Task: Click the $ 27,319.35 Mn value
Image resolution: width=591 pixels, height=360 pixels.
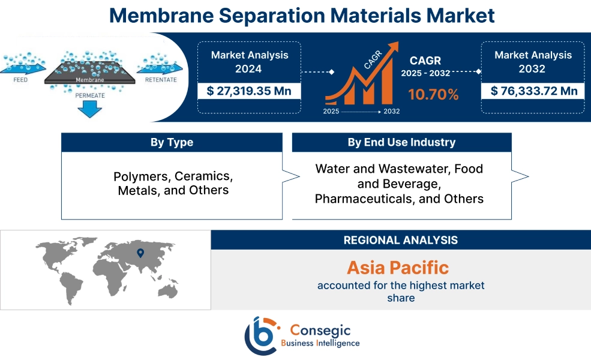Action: coord(249,91)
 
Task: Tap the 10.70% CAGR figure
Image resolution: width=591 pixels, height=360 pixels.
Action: coord(433,94)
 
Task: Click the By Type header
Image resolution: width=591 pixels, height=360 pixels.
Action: coord(172,142)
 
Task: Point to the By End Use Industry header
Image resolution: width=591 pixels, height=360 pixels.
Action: coord(401,142)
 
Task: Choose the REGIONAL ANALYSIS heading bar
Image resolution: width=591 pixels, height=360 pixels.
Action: coord(400,240)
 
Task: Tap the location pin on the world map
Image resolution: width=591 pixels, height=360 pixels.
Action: coord(140,253)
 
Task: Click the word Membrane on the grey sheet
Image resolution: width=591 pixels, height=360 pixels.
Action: coord(90,79)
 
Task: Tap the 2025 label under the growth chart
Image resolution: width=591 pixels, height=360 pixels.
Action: coord(331,112)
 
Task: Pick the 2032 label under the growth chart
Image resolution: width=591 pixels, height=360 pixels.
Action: coord(392,112)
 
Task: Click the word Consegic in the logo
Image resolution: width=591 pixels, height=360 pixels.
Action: coord(320,329)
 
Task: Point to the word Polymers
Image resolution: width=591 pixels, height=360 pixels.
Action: coord(140,177)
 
